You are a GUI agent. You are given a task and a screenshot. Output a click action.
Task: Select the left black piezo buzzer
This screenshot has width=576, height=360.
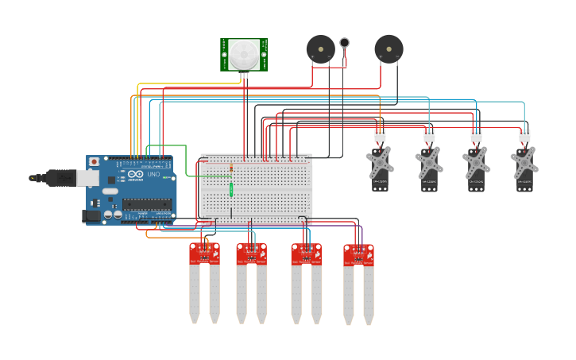coord(320,49)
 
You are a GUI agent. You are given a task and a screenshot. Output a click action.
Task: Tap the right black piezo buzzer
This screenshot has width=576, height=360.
coord(389,48)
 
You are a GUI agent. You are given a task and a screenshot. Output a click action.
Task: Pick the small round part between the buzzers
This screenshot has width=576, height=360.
coord(344,43)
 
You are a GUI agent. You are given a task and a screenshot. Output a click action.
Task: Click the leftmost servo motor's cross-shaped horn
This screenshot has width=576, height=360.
coord(380,163)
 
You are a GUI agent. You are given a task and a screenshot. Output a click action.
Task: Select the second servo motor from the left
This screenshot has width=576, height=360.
coord(429,165)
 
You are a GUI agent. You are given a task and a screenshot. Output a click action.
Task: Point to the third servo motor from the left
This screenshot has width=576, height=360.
coord(476,165)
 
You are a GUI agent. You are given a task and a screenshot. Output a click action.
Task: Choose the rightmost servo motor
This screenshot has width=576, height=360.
coord(524,165)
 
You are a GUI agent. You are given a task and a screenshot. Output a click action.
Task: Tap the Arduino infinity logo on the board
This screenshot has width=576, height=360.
coord(135,174)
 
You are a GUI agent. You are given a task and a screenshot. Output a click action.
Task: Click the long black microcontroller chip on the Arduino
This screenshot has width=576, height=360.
coord(146,203)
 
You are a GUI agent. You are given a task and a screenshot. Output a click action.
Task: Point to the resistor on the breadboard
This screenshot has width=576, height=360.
coord(231,168)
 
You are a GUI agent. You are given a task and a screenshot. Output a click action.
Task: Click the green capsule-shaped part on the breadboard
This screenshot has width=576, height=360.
coord(231,189)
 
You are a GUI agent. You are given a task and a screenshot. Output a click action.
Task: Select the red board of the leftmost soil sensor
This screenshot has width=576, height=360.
coord(204,254)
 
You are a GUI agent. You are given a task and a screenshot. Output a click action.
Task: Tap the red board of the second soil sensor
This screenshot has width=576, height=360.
coord(251,254)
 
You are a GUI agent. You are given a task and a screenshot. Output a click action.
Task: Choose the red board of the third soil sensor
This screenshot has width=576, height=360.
coord(306,254)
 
